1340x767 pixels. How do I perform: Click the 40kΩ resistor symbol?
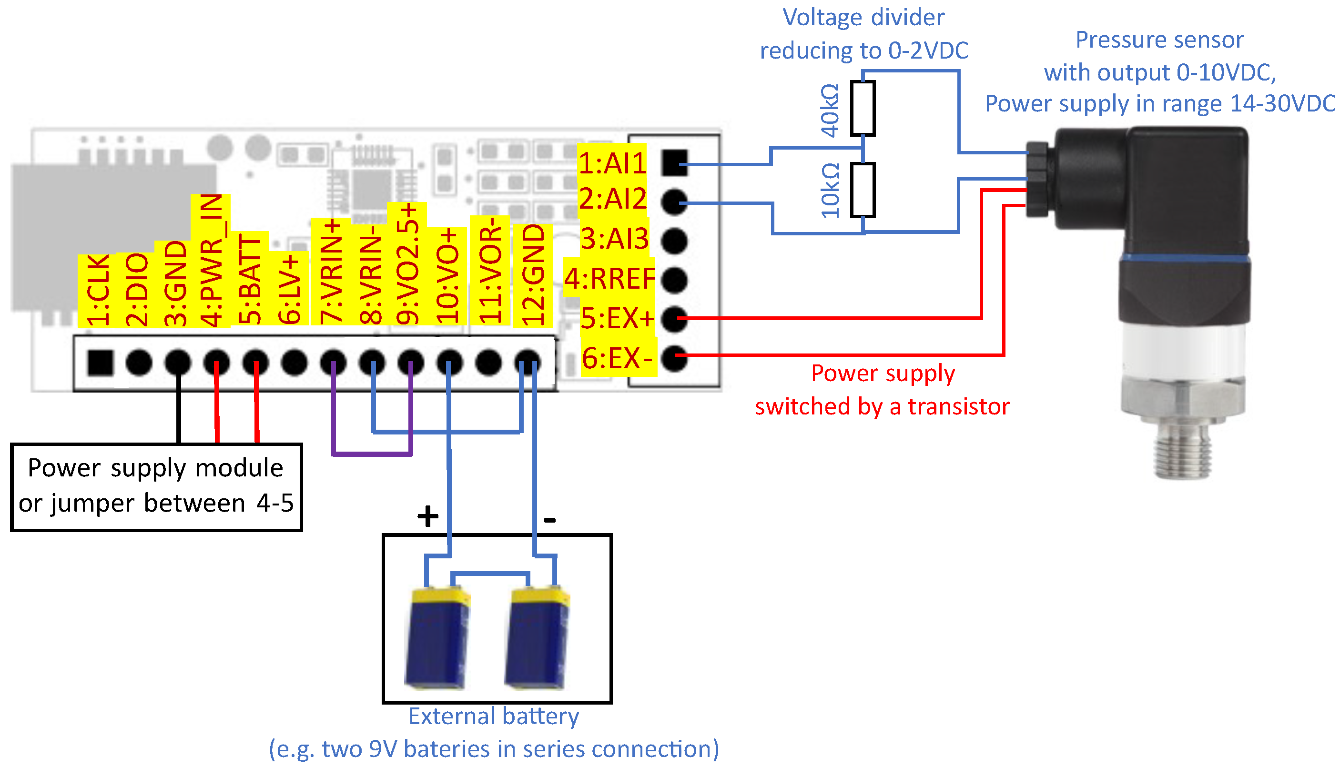863,108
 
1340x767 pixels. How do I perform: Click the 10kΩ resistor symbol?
863,190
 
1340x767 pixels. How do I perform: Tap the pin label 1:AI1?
612,163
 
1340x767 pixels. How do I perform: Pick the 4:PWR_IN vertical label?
211,261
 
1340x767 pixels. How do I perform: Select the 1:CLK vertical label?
98,290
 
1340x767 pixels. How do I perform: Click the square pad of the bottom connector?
100,363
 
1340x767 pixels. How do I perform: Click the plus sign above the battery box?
427,516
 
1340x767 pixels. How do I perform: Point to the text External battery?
493,717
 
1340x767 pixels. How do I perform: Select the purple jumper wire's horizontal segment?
372,453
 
